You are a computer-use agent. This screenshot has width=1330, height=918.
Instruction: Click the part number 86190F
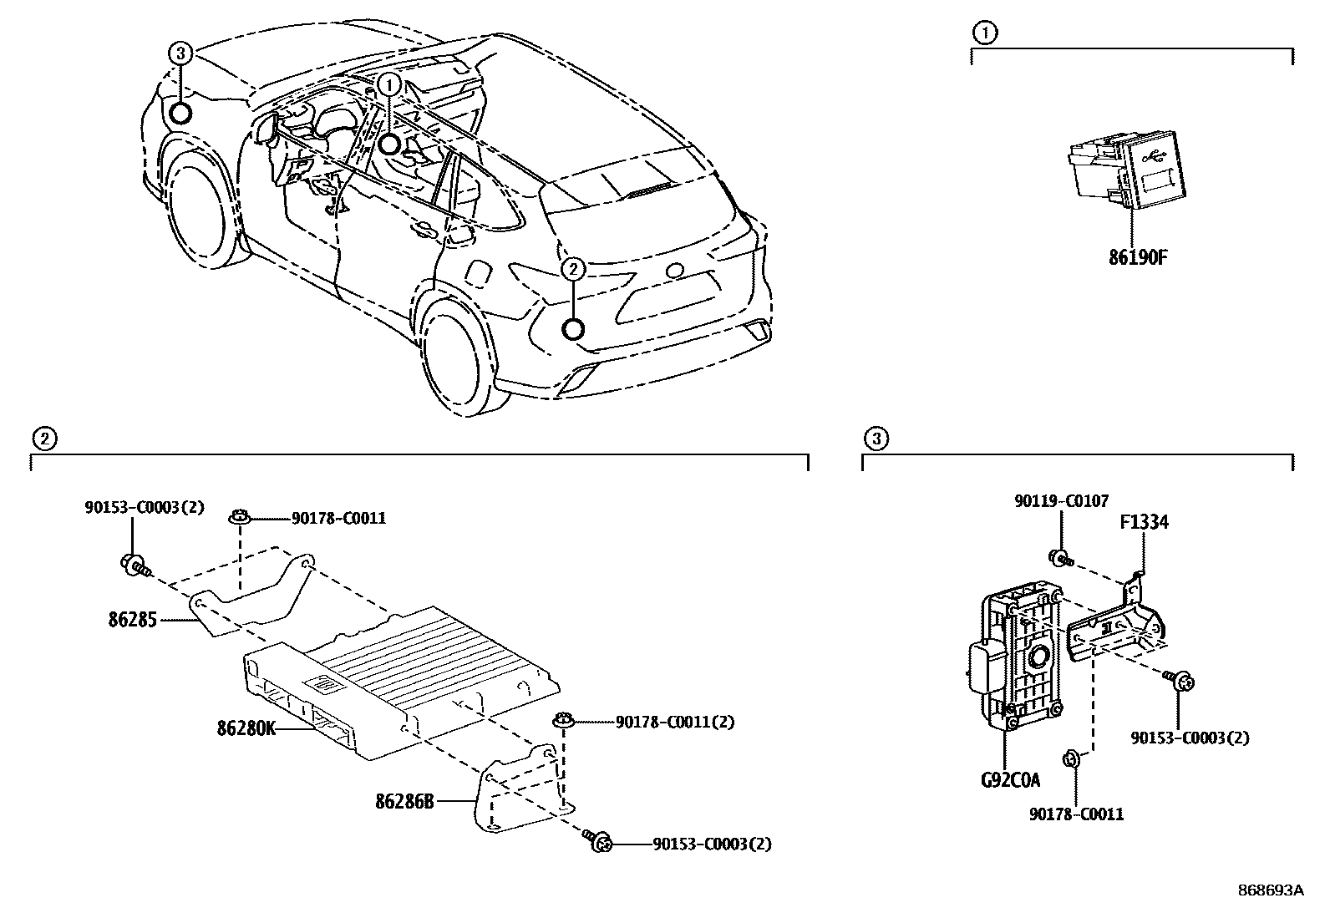pyautogui.click(x=1137, y=257)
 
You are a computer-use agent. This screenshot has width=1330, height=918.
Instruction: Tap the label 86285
pyautogui.click(x=132, y=620)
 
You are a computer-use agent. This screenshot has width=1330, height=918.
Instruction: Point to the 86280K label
pyautogui.click(x=246, y=728)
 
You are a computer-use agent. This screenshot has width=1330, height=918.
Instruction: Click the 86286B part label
pyautogui.click(x=404, y=801)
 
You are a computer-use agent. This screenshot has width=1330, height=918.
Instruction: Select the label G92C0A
pyautogui.click(x=1010, y=781)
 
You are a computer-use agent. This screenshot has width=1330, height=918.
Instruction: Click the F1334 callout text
pyautogui.click(x=1144, y=523)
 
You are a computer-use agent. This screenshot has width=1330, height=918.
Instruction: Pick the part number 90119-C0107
pyautogui.click(x=1061, y=501)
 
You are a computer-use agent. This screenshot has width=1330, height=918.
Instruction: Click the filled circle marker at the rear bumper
pyautogui.click(x=573, y=329)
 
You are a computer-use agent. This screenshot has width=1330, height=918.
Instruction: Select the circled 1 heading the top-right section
pyautogui.click(x=985, y=33)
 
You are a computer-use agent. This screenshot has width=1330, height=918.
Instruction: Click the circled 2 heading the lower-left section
pyautogui.click(x=43, y=438)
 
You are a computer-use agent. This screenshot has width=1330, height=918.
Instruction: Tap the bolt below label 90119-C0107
pyautogui.click(x=1059, y=556)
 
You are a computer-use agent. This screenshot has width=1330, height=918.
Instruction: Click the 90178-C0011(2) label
pyautogui.click(x=674, y=722)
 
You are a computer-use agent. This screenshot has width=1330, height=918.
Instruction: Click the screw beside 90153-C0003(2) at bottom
pyautogui.click(x=597, y=841)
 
